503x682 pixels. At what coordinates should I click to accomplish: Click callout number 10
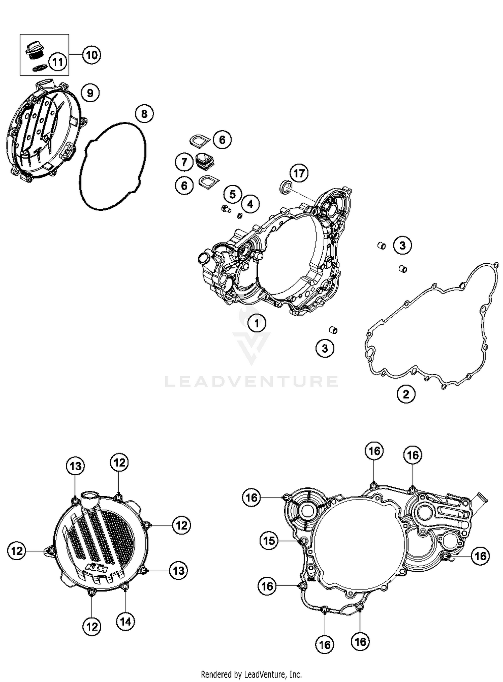pos(92,55)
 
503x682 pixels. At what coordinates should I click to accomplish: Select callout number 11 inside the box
pos(58,62)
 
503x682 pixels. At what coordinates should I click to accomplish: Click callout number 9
pos(90,93)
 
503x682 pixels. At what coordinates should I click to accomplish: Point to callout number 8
pos(144,114)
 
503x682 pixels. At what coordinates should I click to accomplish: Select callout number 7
pos(184,162)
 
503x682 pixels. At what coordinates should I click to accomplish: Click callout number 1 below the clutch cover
pos(257,323)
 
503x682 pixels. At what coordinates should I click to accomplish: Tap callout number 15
pos(269,540)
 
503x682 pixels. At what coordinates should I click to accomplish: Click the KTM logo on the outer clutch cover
pos(97,568)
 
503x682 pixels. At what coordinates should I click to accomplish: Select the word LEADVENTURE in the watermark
pos(251,381)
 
